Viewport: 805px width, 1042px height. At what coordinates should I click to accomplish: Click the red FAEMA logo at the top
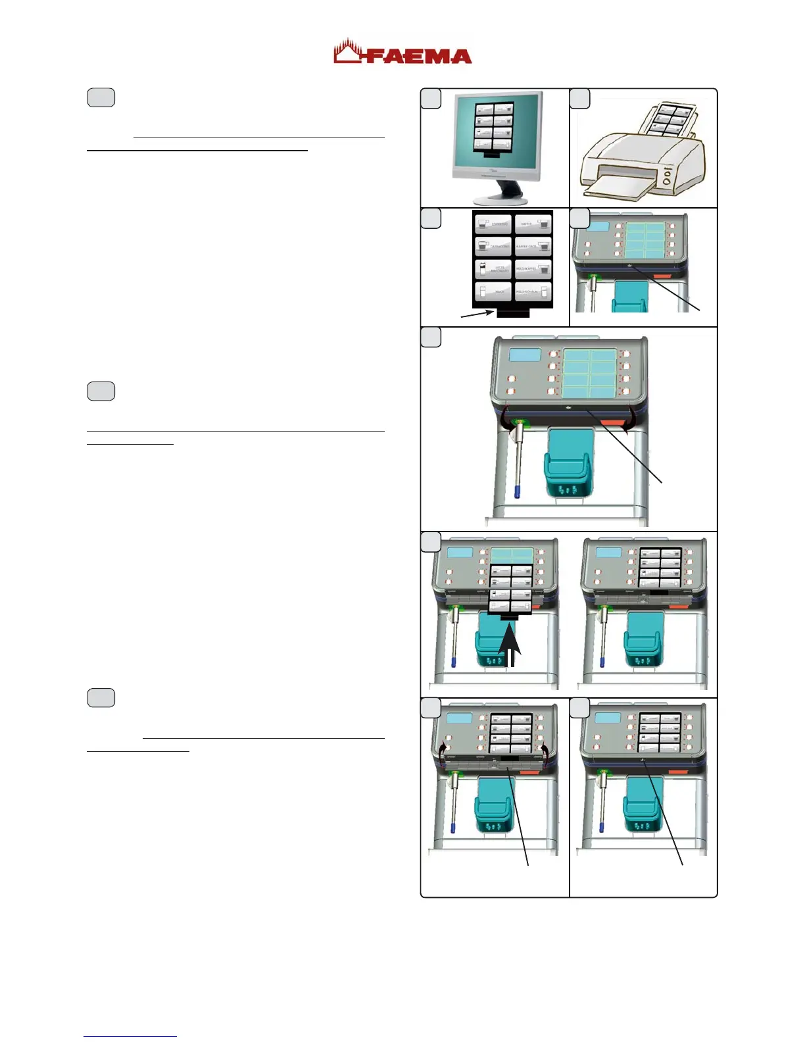click(402, 53)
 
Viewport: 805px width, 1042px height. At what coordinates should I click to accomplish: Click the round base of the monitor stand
click(495, 199)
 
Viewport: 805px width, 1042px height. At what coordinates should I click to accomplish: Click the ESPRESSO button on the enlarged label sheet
click(493, 224)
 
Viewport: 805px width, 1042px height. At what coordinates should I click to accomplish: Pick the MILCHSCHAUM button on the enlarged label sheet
click(533, 291)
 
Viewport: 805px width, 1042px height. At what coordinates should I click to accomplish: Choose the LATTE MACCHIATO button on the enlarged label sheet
click(493, 269)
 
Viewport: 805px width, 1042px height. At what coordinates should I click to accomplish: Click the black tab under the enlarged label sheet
click(513, 313)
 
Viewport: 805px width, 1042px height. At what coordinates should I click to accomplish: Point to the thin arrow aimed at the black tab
click(477, 314)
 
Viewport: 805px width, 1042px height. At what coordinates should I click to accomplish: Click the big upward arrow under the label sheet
click(510, 648)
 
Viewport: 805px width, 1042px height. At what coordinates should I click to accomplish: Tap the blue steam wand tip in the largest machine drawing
click(517, 492)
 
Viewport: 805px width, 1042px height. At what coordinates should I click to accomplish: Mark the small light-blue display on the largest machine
click(525, 355)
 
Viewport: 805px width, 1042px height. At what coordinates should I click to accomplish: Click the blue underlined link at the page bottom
click(130, 1036)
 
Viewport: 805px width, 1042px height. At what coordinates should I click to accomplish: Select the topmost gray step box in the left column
click(101, 97)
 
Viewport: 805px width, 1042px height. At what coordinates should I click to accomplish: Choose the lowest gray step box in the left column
click(101, 697)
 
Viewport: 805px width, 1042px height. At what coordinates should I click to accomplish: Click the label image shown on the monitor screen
click(495, 128)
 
